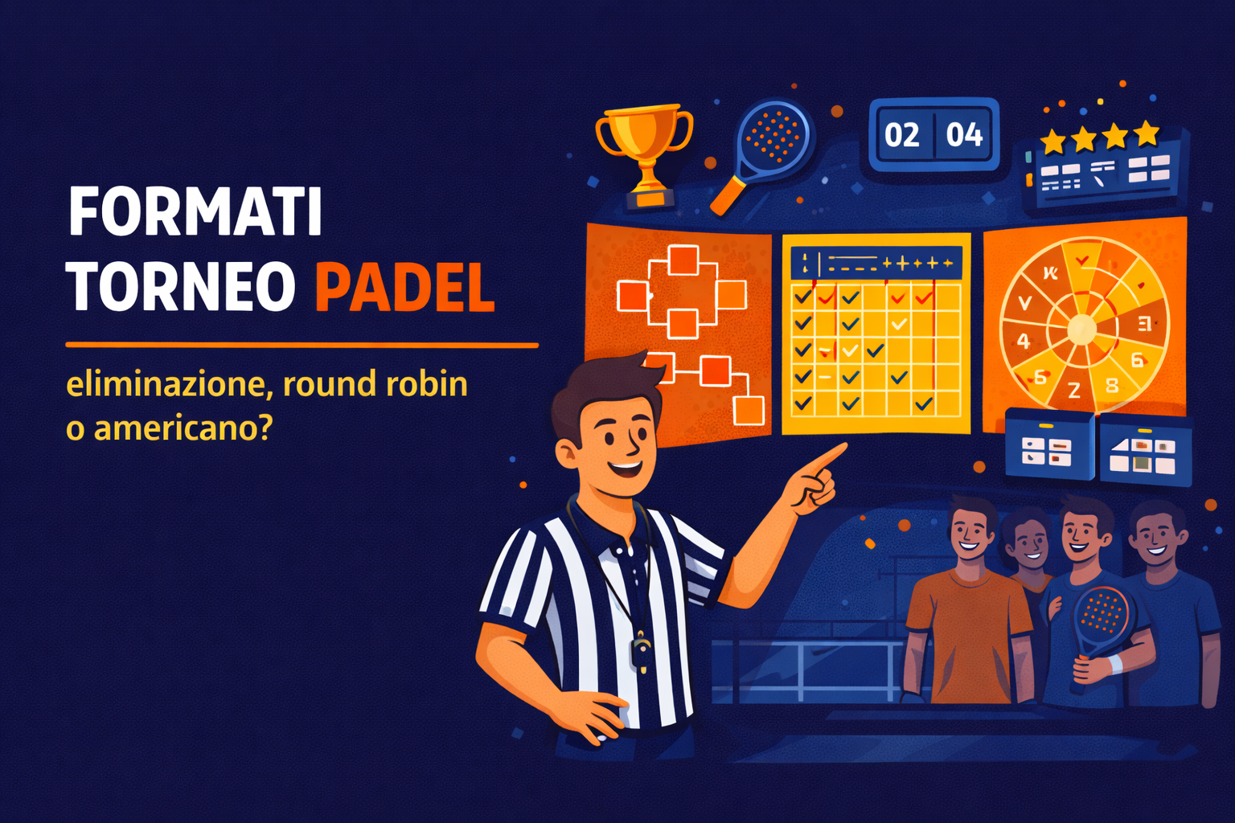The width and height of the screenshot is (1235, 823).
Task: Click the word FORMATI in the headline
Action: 195,211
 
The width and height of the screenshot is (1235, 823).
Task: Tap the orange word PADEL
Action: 404,287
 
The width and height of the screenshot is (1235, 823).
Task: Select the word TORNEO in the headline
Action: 181,287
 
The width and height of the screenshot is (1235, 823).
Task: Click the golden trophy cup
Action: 645,145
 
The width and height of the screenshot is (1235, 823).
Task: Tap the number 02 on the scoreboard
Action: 901,134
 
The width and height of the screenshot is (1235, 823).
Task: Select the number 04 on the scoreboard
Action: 964,134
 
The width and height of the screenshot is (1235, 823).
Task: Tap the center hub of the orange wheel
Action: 1081,328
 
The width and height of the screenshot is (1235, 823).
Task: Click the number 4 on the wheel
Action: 1024,341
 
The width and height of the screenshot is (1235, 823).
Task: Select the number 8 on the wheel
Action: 1112,385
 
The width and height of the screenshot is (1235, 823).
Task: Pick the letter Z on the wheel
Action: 1074,391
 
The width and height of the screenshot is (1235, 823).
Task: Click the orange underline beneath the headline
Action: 302,345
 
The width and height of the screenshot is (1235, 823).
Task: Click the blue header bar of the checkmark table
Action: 876,263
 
